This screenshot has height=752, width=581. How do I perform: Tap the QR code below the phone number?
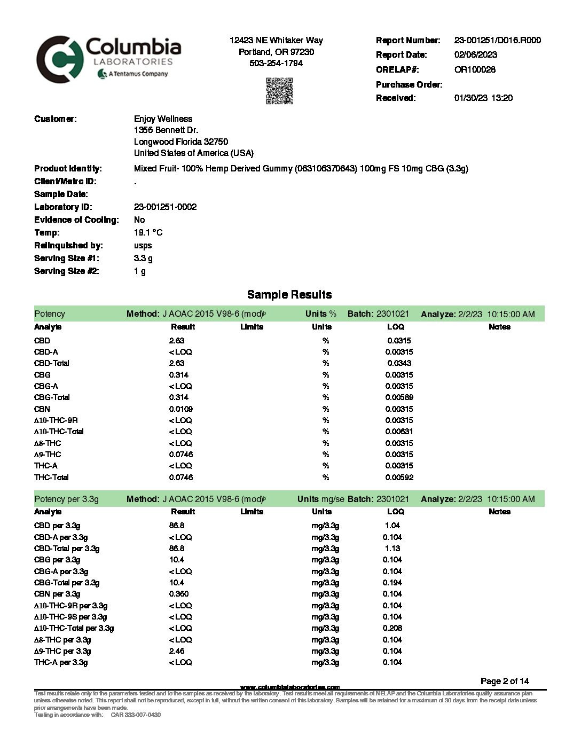(279, 91)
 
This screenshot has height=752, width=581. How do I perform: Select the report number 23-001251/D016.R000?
(497, 40)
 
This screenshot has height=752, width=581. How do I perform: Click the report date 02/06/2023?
(475, 54)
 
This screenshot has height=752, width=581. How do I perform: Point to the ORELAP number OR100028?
(475, 69)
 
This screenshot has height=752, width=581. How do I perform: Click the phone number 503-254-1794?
(276, 63)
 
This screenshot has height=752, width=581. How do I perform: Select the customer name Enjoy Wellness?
(163, 119)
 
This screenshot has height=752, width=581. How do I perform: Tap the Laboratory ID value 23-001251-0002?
(165, 207)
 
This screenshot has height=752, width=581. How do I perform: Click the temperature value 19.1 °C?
(148, 232)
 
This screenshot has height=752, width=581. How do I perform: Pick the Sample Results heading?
(289, 295)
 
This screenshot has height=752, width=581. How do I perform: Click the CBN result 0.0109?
(181, 409)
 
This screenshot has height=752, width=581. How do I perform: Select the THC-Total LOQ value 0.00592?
(399, 477)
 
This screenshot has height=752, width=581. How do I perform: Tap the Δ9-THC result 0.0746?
(181, 455)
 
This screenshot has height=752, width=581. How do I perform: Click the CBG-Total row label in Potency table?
(52, 397)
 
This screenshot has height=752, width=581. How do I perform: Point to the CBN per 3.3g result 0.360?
(179, 594)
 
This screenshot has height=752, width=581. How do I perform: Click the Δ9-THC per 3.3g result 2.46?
(177, 651)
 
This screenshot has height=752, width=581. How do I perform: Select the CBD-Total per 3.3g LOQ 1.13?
(392, 549)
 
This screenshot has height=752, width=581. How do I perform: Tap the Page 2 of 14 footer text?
(505, 681)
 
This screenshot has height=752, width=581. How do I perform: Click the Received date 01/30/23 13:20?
(483, 98)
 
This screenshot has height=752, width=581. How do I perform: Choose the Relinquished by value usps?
(143, 245)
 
